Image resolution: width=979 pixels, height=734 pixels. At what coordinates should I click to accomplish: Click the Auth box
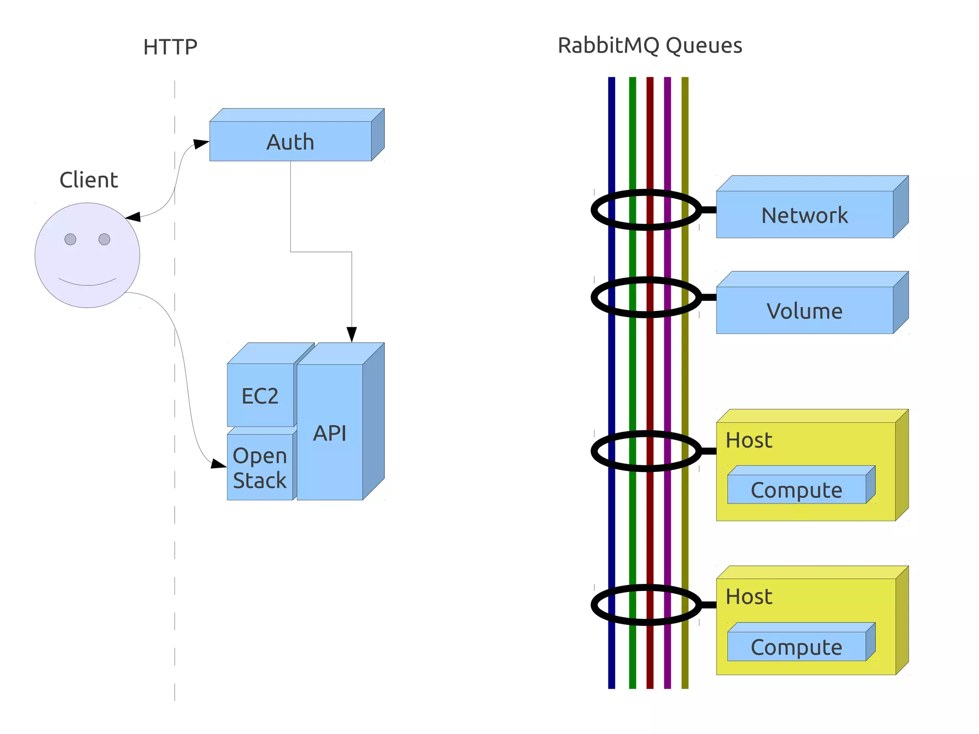click(x=290, y=142)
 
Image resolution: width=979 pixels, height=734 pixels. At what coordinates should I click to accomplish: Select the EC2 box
click(x=260, y=395)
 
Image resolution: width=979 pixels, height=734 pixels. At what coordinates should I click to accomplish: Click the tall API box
click(x=330, y=432)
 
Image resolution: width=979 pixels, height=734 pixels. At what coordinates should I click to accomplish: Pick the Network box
click(x=805, y=215)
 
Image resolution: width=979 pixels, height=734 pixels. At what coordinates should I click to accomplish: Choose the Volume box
click(x=805, y=310)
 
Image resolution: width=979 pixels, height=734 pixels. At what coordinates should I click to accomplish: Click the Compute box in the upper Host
click(x=796, y=490)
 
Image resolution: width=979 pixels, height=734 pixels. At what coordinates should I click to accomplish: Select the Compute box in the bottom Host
click(x=796, y=646)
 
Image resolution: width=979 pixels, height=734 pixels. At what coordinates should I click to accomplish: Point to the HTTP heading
click(x=170, y=47)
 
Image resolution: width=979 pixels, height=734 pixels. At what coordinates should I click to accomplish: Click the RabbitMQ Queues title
click(x=650, y=45)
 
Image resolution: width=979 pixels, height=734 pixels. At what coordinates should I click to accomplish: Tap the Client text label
click(x=88, y=180)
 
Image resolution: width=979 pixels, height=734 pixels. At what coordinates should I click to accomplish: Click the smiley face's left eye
click(x=70, y=239)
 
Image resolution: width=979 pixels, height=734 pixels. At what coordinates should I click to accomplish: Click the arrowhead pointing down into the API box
click(x=352, y=334)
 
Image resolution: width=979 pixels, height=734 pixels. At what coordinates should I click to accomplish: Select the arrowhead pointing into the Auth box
click(x=201, y=143)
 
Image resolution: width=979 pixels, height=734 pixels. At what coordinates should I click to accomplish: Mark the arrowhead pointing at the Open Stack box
click(x=218, y=463)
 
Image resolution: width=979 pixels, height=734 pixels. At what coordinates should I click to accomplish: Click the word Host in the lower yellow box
click(x=749, y=596)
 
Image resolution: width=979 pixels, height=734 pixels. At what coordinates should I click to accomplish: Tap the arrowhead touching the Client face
click(x=133, y=217)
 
